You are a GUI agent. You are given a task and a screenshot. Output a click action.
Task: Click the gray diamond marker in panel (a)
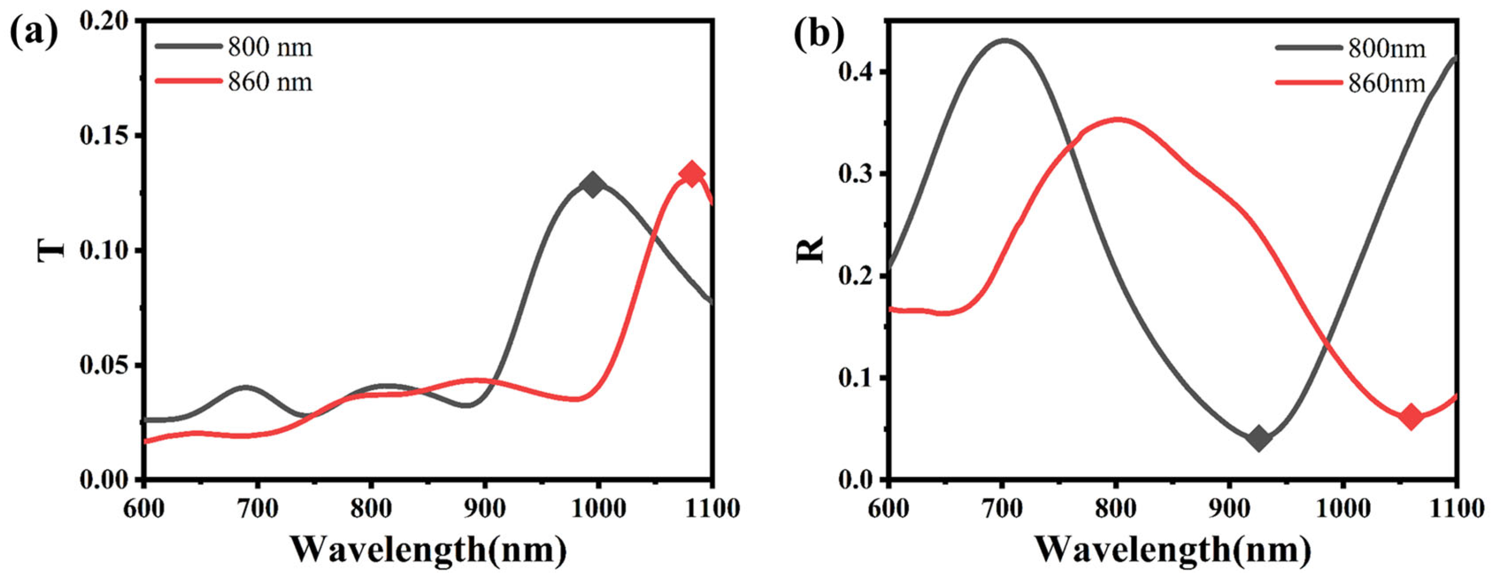tap(592, 186)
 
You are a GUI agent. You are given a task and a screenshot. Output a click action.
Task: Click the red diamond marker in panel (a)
tap(691, 173)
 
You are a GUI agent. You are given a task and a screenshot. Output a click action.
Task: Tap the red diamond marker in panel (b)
tap(1411, 416)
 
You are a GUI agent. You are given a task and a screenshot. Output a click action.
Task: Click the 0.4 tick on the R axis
tap(855, 72)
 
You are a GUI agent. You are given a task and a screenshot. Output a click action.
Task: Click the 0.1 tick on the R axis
tap(855, 378)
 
